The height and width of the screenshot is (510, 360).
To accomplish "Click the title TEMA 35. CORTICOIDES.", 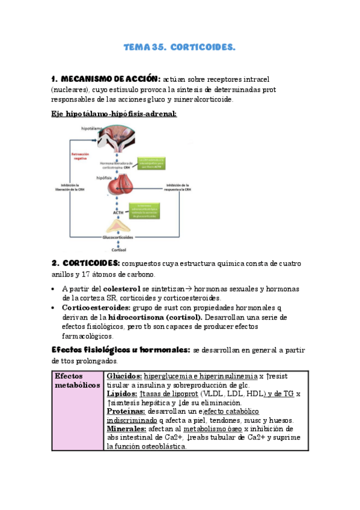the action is click(179, 46).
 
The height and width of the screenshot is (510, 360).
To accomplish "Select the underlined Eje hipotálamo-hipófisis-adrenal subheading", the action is click(113, 114).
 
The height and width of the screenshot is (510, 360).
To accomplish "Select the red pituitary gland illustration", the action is click(126, 186).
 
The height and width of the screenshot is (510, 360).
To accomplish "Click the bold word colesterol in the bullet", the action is click(123, 289).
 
